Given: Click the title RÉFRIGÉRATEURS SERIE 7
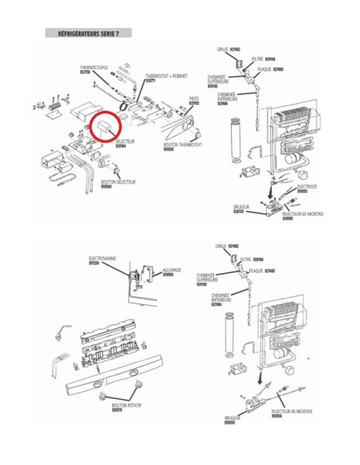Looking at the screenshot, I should pos(88,33).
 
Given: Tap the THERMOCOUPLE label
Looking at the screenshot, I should pos(90,69).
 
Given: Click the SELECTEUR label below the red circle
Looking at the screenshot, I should pos(125,143).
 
